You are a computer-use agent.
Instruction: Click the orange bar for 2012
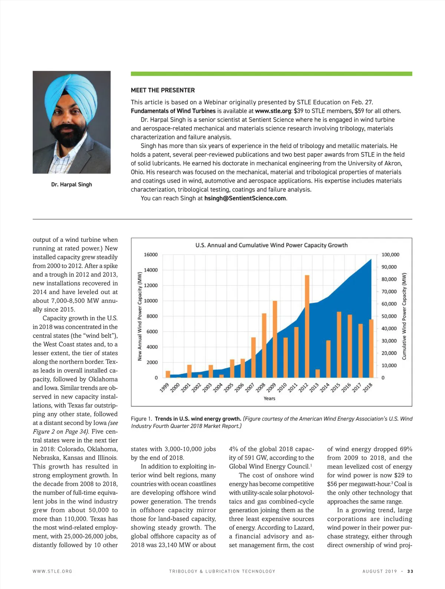click(x=307, y=326)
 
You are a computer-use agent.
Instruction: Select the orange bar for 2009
click(x=275, y=339)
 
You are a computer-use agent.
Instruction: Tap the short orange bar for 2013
click(x=317, y=373)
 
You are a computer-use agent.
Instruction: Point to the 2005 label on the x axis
click(x=228, y=387)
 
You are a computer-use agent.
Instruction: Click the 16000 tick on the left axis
click(x=151, y=255)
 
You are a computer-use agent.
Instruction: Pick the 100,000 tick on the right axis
click(x=390, y=255)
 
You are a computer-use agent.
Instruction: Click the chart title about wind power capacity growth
click(x=271, y=245)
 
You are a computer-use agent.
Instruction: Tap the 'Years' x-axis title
click(x=269, y=398)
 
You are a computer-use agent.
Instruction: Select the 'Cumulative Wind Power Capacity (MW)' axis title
click(x=404, y=316)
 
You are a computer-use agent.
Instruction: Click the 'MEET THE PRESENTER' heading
click(x=163, y=90)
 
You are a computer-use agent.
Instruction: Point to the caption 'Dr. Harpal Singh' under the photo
click(x=72, y=184)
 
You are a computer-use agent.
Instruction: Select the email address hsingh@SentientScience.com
click(x=245, y=198)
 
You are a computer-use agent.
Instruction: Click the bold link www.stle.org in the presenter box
click(x=273, y=111)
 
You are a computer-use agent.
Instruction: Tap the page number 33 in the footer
click(x=410, y=571)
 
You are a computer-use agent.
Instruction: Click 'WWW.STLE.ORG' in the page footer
click(x=52, y=571)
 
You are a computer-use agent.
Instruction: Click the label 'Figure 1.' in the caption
click(x=141, y=419)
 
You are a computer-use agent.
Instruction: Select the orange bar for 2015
click(x=339, y=345)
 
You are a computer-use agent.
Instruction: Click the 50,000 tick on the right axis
click(x=389, y=316)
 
